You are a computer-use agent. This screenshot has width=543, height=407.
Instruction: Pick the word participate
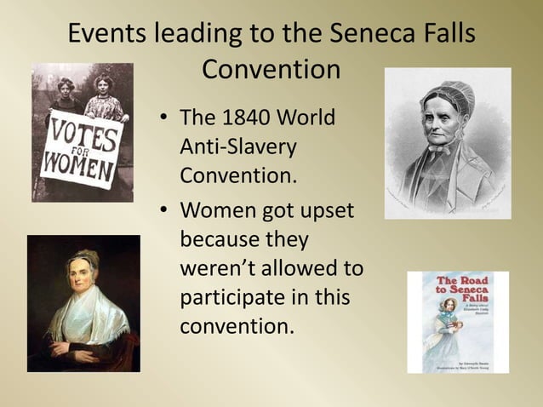coord(234,297)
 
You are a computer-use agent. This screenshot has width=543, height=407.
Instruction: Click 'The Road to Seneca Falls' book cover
coord(458,322)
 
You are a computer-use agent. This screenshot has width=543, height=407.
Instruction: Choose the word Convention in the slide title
coord(271,70)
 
